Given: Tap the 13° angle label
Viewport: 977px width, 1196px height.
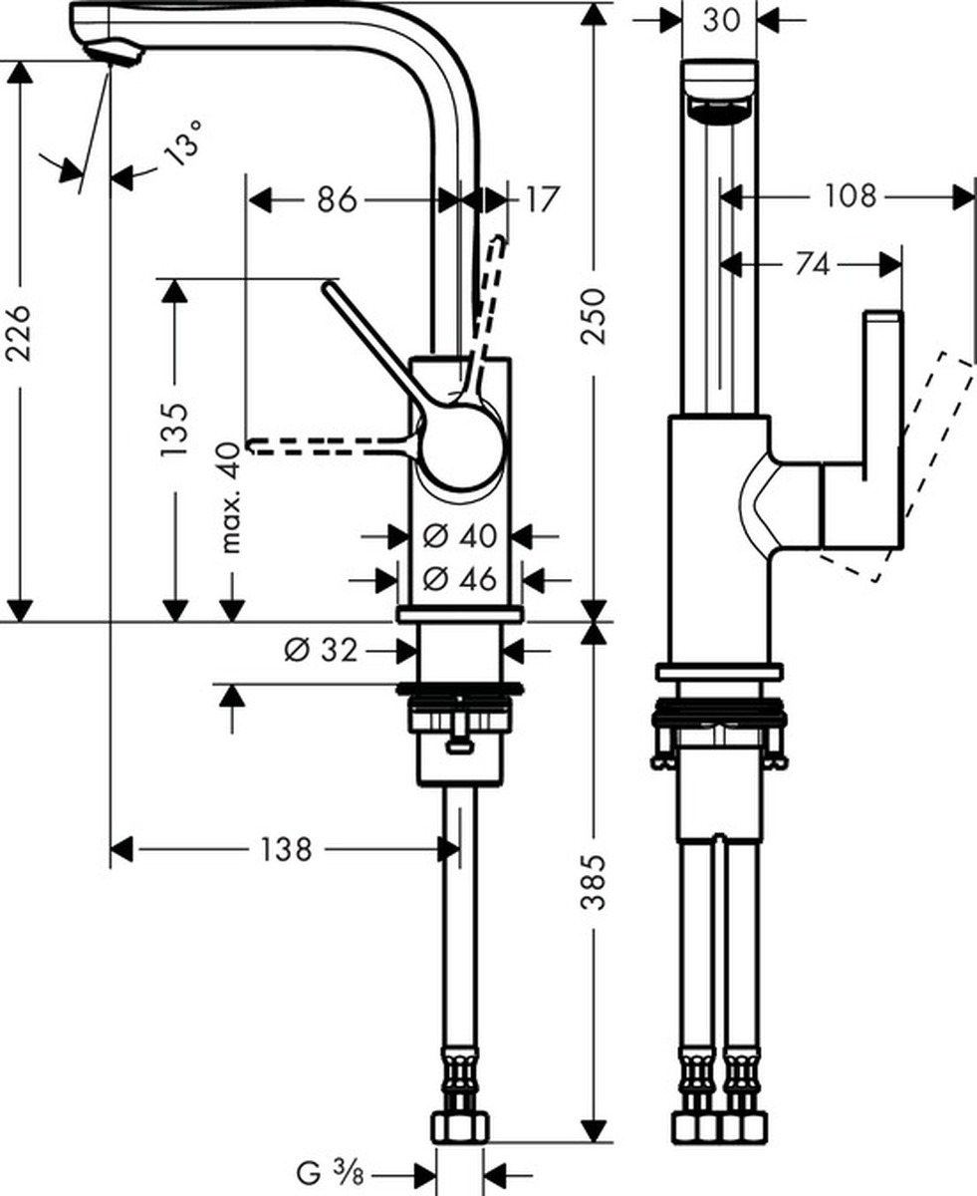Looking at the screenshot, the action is [x=181, y=143].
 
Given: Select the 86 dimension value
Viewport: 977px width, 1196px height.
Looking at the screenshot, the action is [x=337, y=200].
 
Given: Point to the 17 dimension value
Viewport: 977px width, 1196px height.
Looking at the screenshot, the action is [x=543, y=200].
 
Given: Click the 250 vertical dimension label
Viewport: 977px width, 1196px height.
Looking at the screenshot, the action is [x=593, y=316].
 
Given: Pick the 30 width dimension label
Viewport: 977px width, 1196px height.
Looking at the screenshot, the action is [x=721, y=21].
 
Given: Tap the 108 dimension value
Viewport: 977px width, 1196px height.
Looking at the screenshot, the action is [x=851, y=196].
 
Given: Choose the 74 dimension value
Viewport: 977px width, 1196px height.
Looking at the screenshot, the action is [x=812, y=265].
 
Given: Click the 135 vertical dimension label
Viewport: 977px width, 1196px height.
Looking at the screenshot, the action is [x=173, y=430].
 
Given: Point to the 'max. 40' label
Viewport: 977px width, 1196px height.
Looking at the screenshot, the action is [x=231, y=497].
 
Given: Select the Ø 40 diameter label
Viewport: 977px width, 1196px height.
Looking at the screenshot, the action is [x=459, y=535].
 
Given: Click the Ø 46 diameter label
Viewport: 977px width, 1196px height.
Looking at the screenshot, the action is [x=459, y=579].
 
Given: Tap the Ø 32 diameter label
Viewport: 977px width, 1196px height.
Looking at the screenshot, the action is [x=321, y=650].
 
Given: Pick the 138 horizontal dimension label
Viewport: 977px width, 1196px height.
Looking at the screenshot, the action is [x=286, y=850].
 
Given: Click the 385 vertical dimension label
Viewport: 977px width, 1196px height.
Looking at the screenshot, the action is [x=594, y=883].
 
